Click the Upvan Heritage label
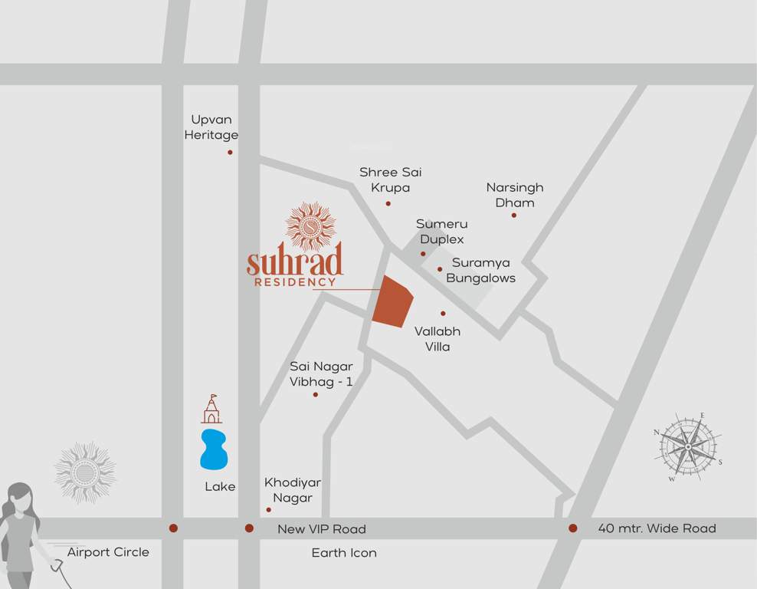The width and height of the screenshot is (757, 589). (211, 127)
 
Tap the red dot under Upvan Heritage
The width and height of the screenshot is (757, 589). (230, 153)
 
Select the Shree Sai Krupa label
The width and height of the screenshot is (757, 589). (391, 179)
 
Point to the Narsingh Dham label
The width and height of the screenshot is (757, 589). (515, 195)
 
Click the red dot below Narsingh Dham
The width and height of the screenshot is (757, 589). (514, 215)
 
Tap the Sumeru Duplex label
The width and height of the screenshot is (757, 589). (441, 231)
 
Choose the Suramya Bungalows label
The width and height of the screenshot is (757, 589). (481, 270)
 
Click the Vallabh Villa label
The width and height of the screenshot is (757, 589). (437, 339)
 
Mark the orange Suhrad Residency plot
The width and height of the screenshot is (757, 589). (392, 301)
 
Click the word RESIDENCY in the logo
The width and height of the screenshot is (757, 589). (295, 282)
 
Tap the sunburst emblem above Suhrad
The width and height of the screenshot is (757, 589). (310, 227)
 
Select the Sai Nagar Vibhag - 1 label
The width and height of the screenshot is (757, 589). (321, 373)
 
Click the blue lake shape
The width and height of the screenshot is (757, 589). (214, 449)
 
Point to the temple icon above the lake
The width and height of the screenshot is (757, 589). (211, 410)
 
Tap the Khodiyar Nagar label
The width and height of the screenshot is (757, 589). (293, 490)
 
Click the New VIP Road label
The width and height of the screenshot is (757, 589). (322, 529)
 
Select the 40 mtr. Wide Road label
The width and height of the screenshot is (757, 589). (657, 528)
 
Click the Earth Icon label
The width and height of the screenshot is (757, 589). (344, 553)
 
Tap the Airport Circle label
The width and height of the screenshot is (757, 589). (108, 552)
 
